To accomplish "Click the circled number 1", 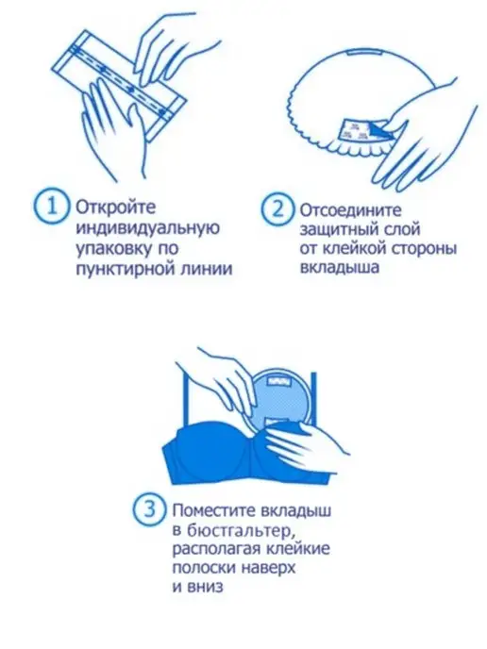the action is pos(51,206).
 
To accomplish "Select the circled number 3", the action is pos(150,509).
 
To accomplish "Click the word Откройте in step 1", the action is pos(115,207).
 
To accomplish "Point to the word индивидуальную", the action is pos(147,228).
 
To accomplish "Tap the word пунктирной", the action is pos(126,269).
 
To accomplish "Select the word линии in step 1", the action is pos(207,269).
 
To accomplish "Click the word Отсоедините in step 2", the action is pos(351,210).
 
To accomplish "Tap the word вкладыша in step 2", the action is pos(340,267).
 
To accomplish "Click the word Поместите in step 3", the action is pos(213,510).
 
